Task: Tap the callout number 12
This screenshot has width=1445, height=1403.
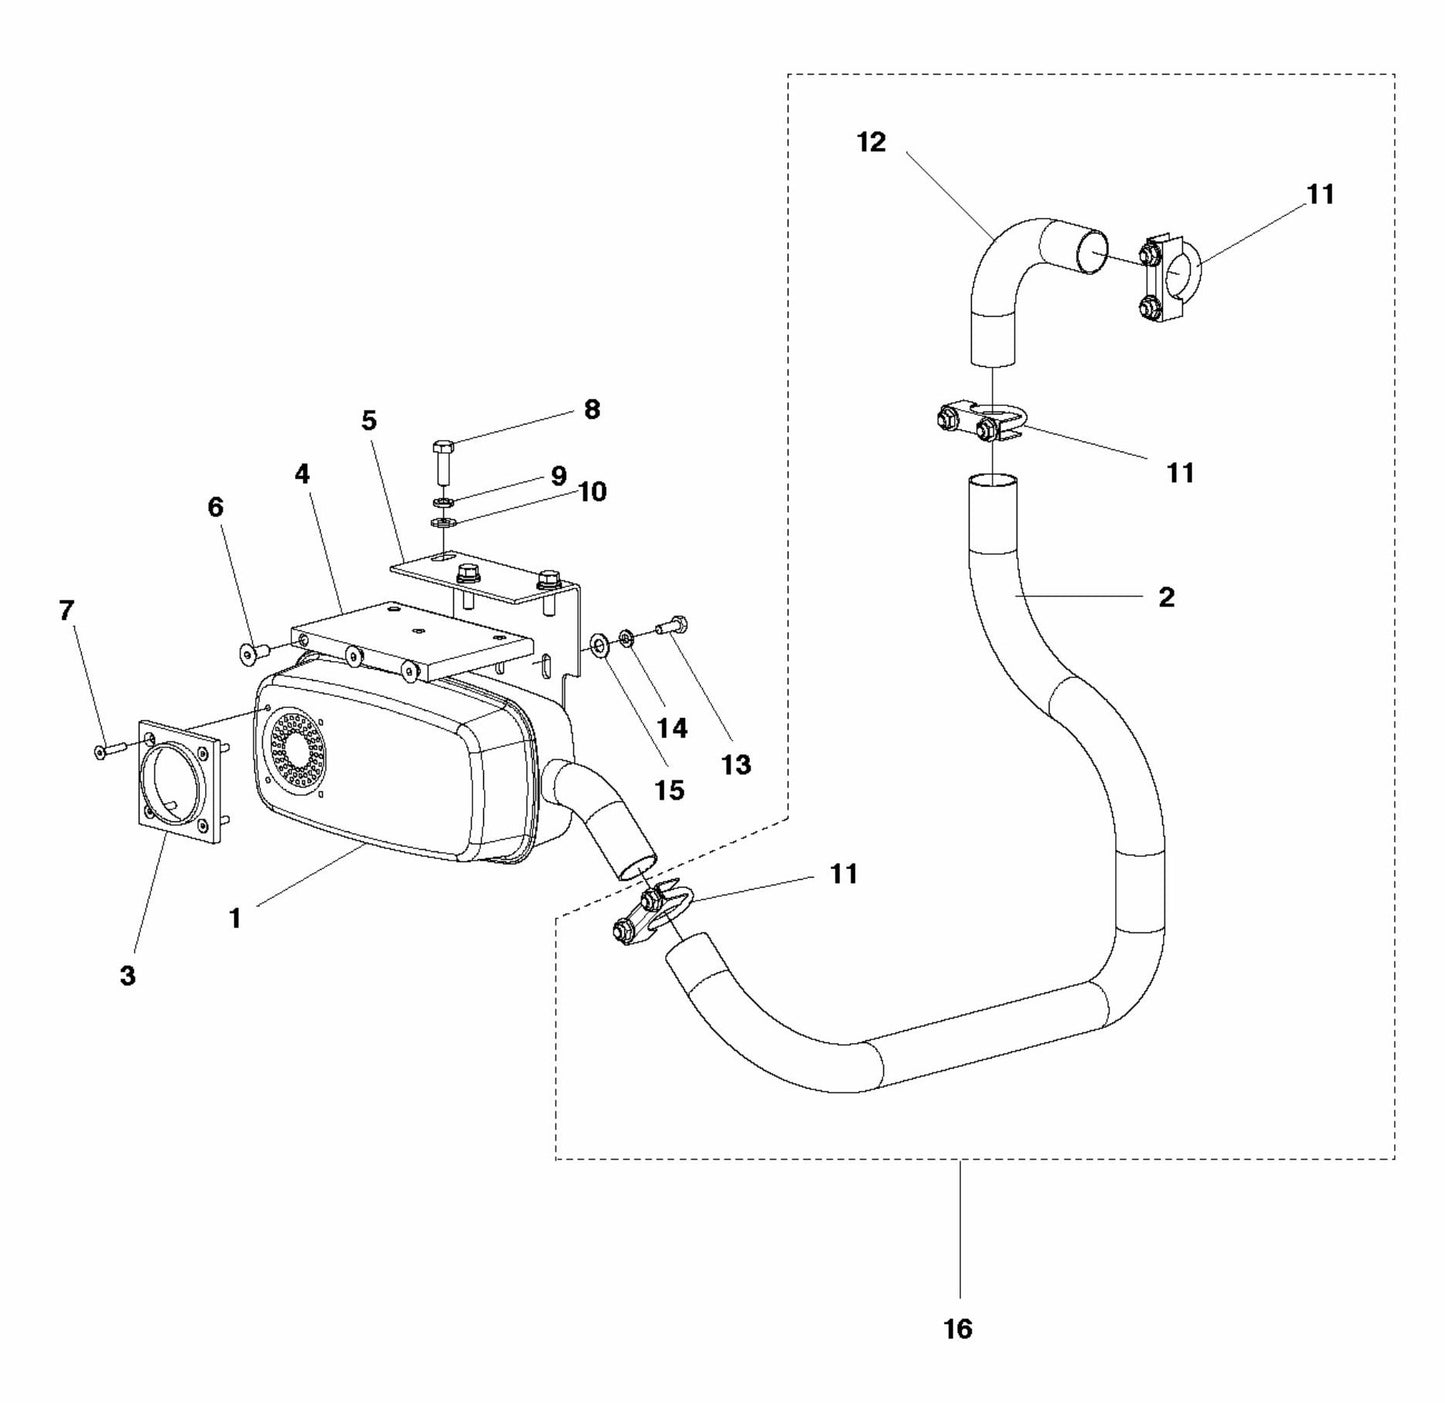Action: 871,142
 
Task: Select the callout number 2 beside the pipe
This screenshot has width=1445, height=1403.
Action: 1166,597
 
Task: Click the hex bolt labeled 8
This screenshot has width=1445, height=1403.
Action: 444,460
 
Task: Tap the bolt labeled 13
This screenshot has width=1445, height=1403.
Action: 670,626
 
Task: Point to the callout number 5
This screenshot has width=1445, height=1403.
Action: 369,420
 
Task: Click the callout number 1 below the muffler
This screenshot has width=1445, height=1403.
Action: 235,917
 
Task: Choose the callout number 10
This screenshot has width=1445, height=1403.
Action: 592,492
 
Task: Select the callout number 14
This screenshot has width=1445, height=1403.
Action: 672,728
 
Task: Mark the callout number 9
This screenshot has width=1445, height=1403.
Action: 558,475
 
